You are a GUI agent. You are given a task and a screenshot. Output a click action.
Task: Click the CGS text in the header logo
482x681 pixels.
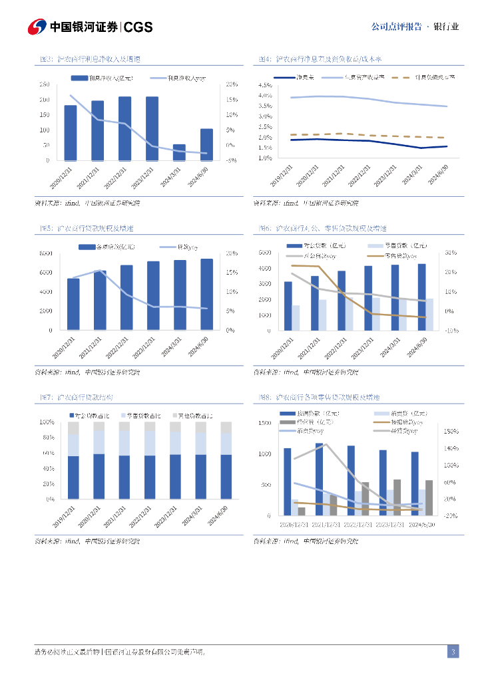138,27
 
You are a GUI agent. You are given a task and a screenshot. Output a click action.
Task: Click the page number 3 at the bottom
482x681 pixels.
453,652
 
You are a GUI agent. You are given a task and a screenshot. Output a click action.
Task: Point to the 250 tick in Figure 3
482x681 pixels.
44,84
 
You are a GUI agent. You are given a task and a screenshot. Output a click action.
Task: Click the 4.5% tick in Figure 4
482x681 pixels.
264,85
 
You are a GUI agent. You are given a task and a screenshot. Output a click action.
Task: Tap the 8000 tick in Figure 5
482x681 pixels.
46,253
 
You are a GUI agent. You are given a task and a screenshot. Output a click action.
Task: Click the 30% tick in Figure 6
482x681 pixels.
449,253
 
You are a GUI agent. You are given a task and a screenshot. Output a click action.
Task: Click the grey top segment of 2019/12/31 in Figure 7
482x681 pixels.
73,428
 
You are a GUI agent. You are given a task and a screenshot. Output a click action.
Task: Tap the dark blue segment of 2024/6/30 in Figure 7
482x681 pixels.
226,477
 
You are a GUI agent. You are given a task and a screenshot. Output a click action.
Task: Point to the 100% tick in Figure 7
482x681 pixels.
47,422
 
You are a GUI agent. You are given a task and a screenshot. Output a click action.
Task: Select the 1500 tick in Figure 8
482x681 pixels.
265,423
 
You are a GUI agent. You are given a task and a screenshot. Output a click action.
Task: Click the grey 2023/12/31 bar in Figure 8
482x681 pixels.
397,497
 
